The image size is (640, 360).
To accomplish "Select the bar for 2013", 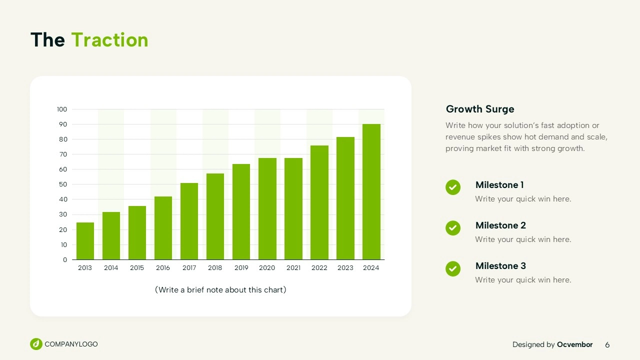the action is click(x=85, y=241).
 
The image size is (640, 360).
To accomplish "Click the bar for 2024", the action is click(x=371, y=191).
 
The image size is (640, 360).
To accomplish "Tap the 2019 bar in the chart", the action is click(x=241, y=211).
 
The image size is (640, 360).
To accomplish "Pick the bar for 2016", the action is click(x=163, y=228).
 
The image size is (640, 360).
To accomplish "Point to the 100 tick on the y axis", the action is click(x=62, y=109).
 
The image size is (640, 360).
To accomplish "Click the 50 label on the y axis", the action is click(x=63, y=184).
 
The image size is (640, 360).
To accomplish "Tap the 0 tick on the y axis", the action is click(x=65, y=259).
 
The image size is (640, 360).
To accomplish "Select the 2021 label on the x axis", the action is click(x=293, y=267).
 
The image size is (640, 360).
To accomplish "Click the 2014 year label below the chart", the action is click(x=111, y=267).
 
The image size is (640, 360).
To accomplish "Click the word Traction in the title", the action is click(x=109, y=39).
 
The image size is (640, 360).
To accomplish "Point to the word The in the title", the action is click(x=47, y=39).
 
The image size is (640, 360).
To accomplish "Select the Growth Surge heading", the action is click(x=480, y=109).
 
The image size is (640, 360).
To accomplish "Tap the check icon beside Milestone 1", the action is click(x=453, y=187).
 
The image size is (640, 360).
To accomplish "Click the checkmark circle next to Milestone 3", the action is click(x=453, y=268).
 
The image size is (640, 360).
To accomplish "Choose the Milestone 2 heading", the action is click(x=500, y=225).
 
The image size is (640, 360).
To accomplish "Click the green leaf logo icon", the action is click(x=36, y=344).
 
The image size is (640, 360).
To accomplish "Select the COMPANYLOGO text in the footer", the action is click(x=71, y=344).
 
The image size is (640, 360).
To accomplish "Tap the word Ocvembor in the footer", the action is click(x=575, y=344).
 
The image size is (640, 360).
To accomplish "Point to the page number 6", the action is click(x=607, y=345).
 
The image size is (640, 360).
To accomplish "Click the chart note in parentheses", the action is click(x=220, y=289).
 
